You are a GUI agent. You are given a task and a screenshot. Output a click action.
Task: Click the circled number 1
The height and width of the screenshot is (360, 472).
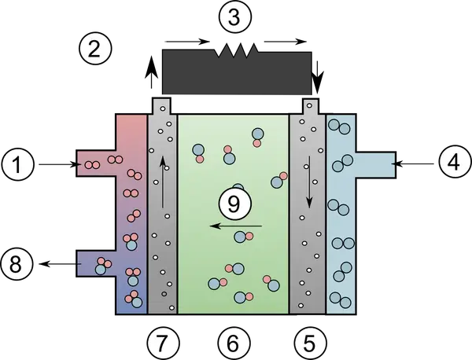click(17, 164)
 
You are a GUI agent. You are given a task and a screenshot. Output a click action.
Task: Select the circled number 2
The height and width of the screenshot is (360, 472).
click(95, 49)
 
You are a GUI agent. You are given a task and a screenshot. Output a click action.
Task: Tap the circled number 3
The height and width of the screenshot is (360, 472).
click(234, 17)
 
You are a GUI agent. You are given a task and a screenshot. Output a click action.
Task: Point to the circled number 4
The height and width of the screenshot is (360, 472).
click(454, 163)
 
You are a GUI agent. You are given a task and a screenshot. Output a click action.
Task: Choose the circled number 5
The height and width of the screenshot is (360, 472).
click(310, 343)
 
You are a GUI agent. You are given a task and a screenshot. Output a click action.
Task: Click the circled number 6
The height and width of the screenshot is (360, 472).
click(234, 343)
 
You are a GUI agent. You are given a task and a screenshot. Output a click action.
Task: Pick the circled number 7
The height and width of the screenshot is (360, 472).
click(164, 343)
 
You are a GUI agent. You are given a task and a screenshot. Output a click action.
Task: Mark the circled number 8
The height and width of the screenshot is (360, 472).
click(17, 265)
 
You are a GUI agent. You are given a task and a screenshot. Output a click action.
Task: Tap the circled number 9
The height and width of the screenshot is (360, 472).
click(234, 204)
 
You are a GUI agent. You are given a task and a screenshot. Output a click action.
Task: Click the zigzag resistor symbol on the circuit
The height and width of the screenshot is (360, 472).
click(237, 50)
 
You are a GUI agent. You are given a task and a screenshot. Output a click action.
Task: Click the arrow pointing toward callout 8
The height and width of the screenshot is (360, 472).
click(61, 264)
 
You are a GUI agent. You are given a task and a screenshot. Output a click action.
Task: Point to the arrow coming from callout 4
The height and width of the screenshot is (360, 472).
click(412, 163)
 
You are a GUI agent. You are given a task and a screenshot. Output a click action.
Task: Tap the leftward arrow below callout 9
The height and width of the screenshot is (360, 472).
click(236, 226)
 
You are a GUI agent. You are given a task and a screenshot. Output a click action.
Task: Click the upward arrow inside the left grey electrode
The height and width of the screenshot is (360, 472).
click(163, 182)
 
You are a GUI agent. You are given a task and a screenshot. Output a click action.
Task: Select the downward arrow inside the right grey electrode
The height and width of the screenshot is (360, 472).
click(309, 182)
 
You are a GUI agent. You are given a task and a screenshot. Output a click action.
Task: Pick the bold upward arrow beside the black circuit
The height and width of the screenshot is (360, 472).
click(151, 72)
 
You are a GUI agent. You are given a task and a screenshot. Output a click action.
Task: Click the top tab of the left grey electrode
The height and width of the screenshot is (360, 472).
click(162, 106)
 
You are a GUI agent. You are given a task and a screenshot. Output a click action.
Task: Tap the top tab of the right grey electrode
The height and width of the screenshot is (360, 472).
click(311, 106)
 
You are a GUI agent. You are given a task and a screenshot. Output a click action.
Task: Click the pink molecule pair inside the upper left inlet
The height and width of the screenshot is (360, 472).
click(92, 165)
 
